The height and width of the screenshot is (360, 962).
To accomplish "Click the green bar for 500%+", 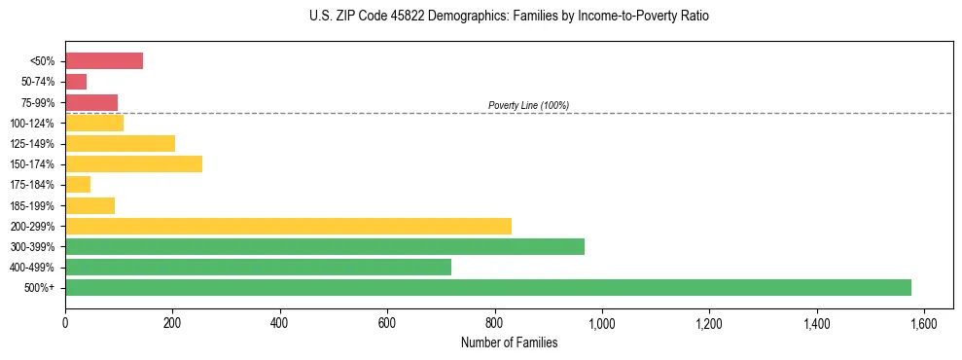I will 487,287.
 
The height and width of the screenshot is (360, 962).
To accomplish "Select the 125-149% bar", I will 120,144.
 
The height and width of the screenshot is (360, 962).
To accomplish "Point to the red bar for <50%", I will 104,61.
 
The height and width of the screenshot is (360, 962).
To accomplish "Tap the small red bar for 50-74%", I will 76,82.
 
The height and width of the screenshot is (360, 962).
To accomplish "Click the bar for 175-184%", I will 78,185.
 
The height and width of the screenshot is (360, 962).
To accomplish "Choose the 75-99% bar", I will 91,102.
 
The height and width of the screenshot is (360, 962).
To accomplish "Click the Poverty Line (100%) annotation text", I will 528,105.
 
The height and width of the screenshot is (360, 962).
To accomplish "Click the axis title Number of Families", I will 509,342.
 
